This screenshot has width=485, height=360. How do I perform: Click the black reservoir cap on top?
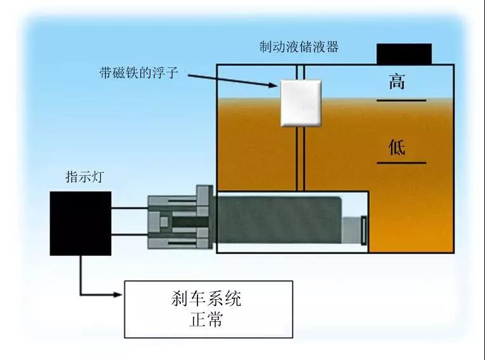[404, 54]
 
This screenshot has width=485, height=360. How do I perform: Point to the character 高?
[397, 82]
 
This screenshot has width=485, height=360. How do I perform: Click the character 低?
[397, 148]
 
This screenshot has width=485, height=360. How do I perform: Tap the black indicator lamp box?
[81, 223]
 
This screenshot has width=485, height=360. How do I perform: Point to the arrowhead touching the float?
[275, 86]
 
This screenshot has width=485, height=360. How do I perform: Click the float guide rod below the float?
[300, 159]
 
